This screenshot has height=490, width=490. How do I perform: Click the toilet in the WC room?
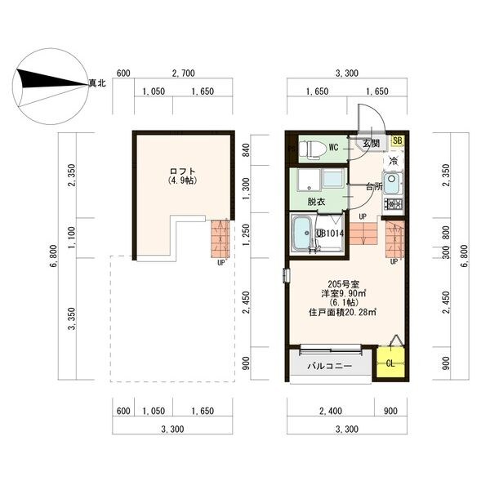point(311,149)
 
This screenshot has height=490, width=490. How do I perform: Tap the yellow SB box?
point(397,140)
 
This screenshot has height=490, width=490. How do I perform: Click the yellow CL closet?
point(390,363)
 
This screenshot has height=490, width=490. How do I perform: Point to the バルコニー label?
point(330,366)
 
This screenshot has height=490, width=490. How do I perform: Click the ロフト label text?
point(183,171)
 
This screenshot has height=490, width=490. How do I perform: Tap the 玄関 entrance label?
point(371,143)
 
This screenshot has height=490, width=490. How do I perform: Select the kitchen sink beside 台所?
point(392,184)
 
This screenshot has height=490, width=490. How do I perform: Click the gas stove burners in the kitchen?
point(394,204)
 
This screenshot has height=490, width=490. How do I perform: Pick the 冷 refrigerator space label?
point(393,161)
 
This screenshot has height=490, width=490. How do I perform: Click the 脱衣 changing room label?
point(316,202)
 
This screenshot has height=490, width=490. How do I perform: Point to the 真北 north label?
point(97,83)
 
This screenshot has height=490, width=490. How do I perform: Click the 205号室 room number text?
point(344,284)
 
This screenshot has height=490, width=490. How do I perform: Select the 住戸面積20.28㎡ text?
point(342,312)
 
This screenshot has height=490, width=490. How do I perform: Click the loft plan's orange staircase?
point(220,238)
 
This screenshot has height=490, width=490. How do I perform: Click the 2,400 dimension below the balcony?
point(331,411)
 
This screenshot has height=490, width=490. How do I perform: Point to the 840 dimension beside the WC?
point(246,150)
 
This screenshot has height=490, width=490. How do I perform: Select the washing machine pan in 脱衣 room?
point(309,180)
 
